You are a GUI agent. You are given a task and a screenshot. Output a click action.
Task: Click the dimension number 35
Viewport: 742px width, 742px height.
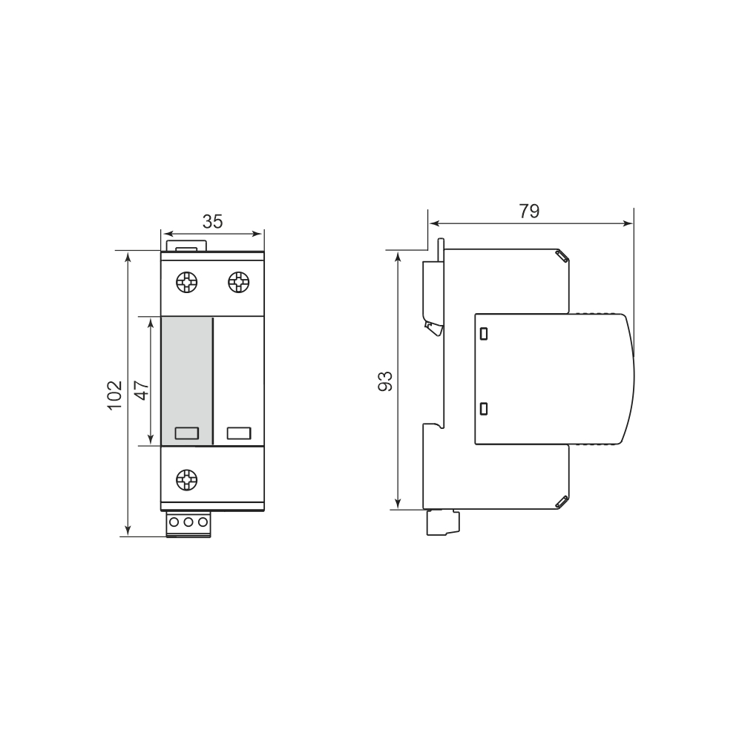[212, 221]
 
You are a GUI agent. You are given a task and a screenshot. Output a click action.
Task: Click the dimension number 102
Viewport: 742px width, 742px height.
[114, 395]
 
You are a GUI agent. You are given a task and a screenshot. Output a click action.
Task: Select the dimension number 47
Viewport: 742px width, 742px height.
[142, 390]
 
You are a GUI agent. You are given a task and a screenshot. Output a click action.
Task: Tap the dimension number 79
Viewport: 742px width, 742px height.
[529, 211]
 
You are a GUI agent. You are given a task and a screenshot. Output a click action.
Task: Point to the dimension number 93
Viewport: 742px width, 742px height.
[385, 381]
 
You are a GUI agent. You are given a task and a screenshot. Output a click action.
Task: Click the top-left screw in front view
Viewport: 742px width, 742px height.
[186, 283]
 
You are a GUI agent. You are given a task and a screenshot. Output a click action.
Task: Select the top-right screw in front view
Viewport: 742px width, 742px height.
[239, 283]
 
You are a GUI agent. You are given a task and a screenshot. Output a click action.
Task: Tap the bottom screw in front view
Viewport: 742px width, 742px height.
[186, 480]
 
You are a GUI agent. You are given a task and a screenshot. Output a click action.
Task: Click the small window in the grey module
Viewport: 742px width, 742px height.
[186, 433]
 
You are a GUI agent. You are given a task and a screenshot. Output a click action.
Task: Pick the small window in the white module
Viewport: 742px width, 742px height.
[239, 433]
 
